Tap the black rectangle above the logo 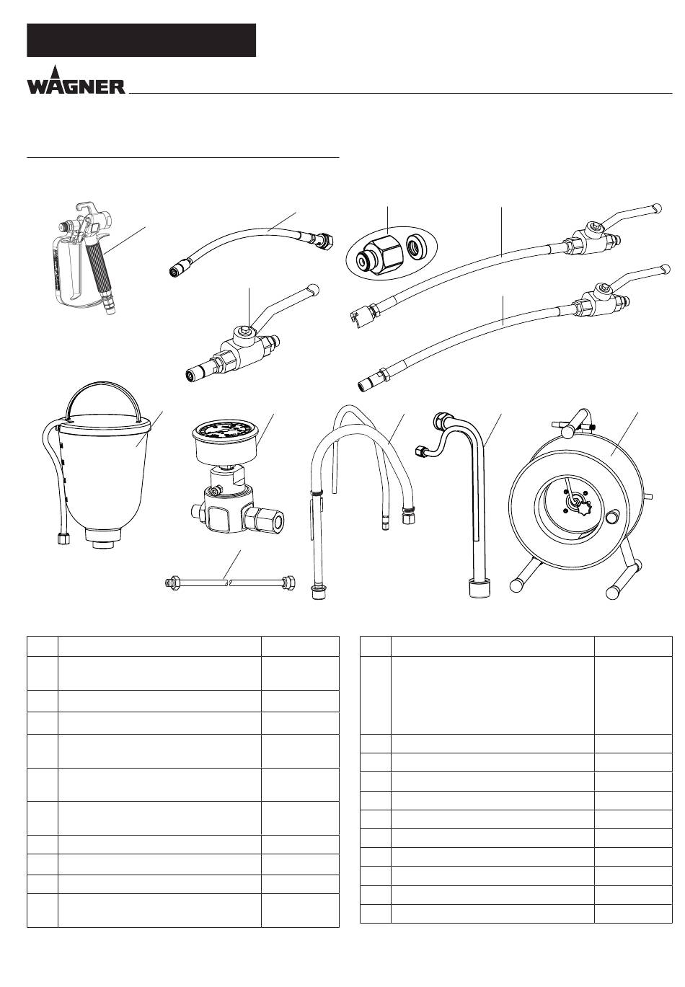(141, 40)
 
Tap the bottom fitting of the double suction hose (317, 591)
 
